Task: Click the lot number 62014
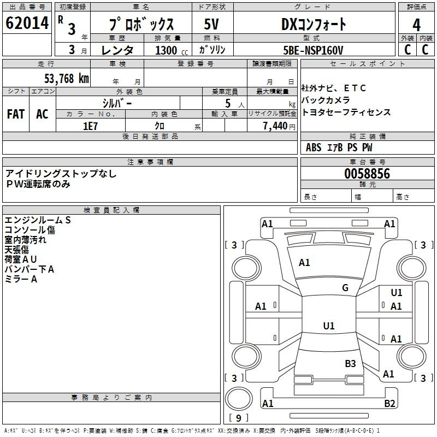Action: [27, 23]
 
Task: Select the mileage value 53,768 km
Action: [67, 78]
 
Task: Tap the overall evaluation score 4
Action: [416, 25]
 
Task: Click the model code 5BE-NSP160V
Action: [313, 50]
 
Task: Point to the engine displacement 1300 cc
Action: [172, 50]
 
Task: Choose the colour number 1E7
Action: [90, 126]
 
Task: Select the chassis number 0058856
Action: [367, 174]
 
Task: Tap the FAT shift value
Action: [16, 114]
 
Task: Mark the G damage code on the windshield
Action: [345, 288]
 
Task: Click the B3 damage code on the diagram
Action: [350, 363]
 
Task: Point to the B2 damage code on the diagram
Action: [389, 403]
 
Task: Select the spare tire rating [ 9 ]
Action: [239, 418]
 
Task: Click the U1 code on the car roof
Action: [329, 326]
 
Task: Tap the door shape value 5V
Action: [211, 24]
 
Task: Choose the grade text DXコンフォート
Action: [314, 25]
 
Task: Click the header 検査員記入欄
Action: [111, 210]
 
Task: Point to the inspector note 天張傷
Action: [17, 250]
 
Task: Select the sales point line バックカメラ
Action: [326, 100]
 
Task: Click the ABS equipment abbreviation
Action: [314, 147]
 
